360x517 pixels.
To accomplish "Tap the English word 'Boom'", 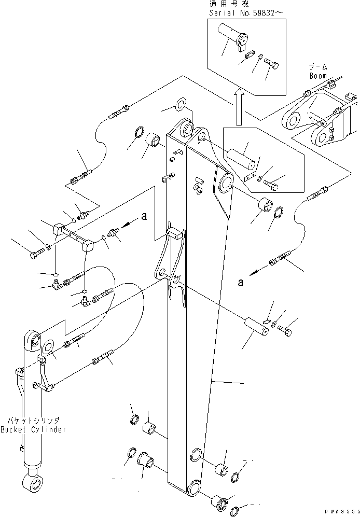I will [318, 76].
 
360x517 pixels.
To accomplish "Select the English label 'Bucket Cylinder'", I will [33, 430].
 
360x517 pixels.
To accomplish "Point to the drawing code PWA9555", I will [339, 511].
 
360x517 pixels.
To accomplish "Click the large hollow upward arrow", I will [238, 107].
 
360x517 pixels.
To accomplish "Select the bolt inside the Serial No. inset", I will [272, 66].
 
